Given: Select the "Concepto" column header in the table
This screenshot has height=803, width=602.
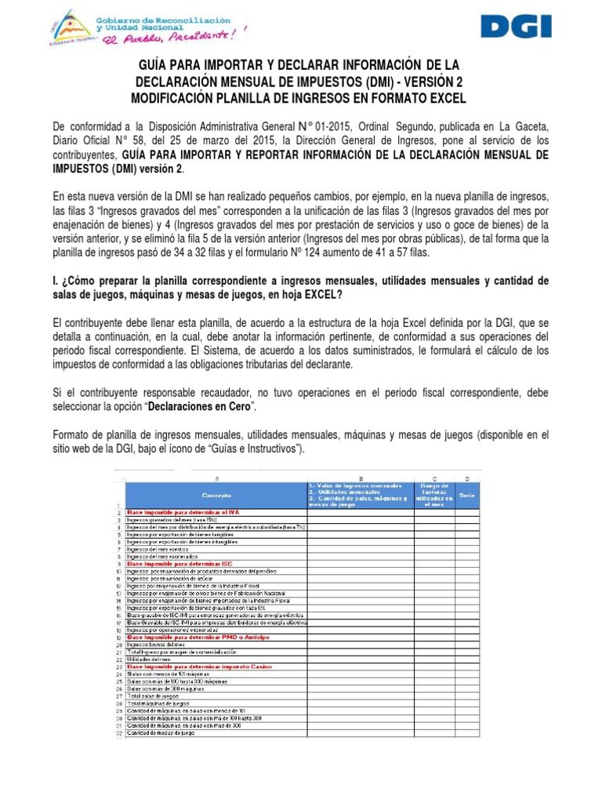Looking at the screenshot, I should tap(216, 496).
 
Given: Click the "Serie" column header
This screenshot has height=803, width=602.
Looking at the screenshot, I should tap(467, 496).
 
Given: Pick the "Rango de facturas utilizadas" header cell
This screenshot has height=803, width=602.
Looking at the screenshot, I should tap(434, 496).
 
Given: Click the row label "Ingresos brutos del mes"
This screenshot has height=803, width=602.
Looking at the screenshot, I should tap(157, 645).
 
